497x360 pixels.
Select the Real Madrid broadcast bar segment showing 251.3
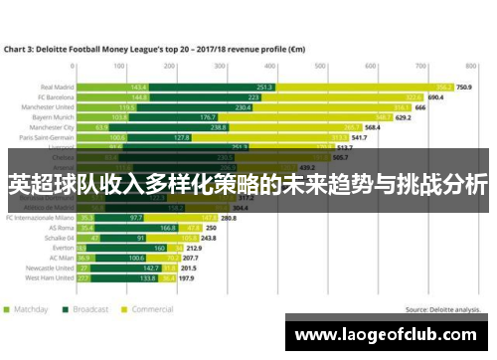(x=264, y=87)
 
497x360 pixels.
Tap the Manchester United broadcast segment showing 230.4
(x=243, y=107)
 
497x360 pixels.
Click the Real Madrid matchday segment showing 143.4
(x=138, y=87)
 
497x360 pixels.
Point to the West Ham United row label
(x=49, y=279)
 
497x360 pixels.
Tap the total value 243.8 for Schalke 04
(x=209, y=238)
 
